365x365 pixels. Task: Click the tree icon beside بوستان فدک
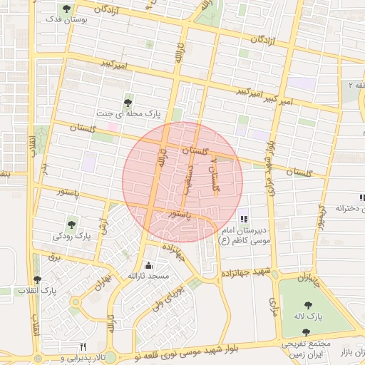[x=67, y=9]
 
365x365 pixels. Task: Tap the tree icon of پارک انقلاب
[x=37, y=280]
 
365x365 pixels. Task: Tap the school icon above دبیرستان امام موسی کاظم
[x=245, y=219]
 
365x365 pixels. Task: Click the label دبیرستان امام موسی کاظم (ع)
[x=247, y=237]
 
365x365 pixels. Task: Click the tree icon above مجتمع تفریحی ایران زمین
[x=307, y=332]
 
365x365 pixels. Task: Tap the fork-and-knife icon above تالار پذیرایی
[x=83, y=346]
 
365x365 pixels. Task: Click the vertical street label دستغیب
[x=191, y=177]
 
